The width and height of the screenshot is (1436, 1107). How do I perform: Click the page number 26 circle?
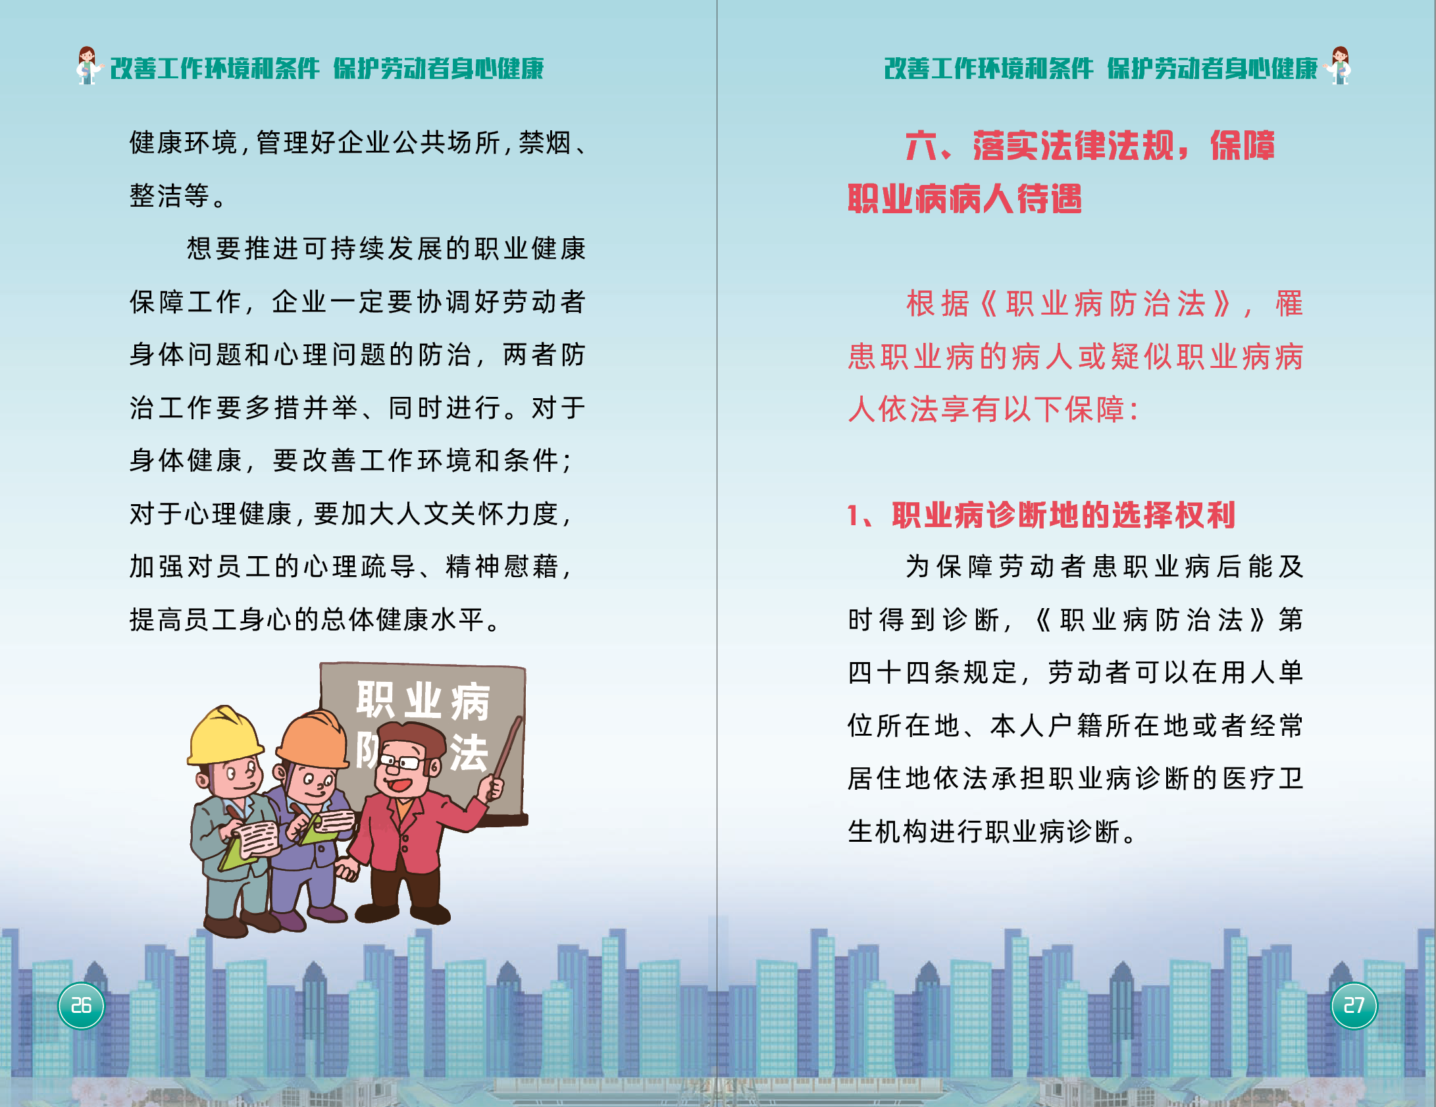81,1006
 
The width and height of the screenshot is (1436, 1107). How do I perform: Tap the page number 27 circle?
1354,1006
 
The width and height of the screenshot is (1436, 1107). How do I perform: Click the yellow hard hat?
225,736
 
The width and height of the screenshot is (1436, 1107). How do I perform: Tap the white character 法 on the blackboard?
469,752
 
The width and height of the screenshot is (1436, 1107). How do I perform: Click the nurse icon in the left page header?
88,65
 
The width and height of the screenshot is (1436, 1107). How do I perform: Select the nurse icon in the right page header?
1339,65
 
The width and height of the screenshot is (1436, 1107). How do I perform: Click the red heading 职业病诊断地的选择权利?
1064,515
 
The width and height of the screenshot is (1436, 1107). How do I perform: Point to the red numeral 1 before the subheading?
853,515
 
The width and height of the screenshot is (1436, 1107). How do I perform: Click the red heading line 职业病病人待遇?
965,198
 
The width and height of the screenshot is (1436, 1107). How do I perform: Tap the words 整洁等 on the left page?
169,195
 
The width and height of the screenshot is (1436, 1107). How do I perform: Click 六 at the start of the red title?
921,145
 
